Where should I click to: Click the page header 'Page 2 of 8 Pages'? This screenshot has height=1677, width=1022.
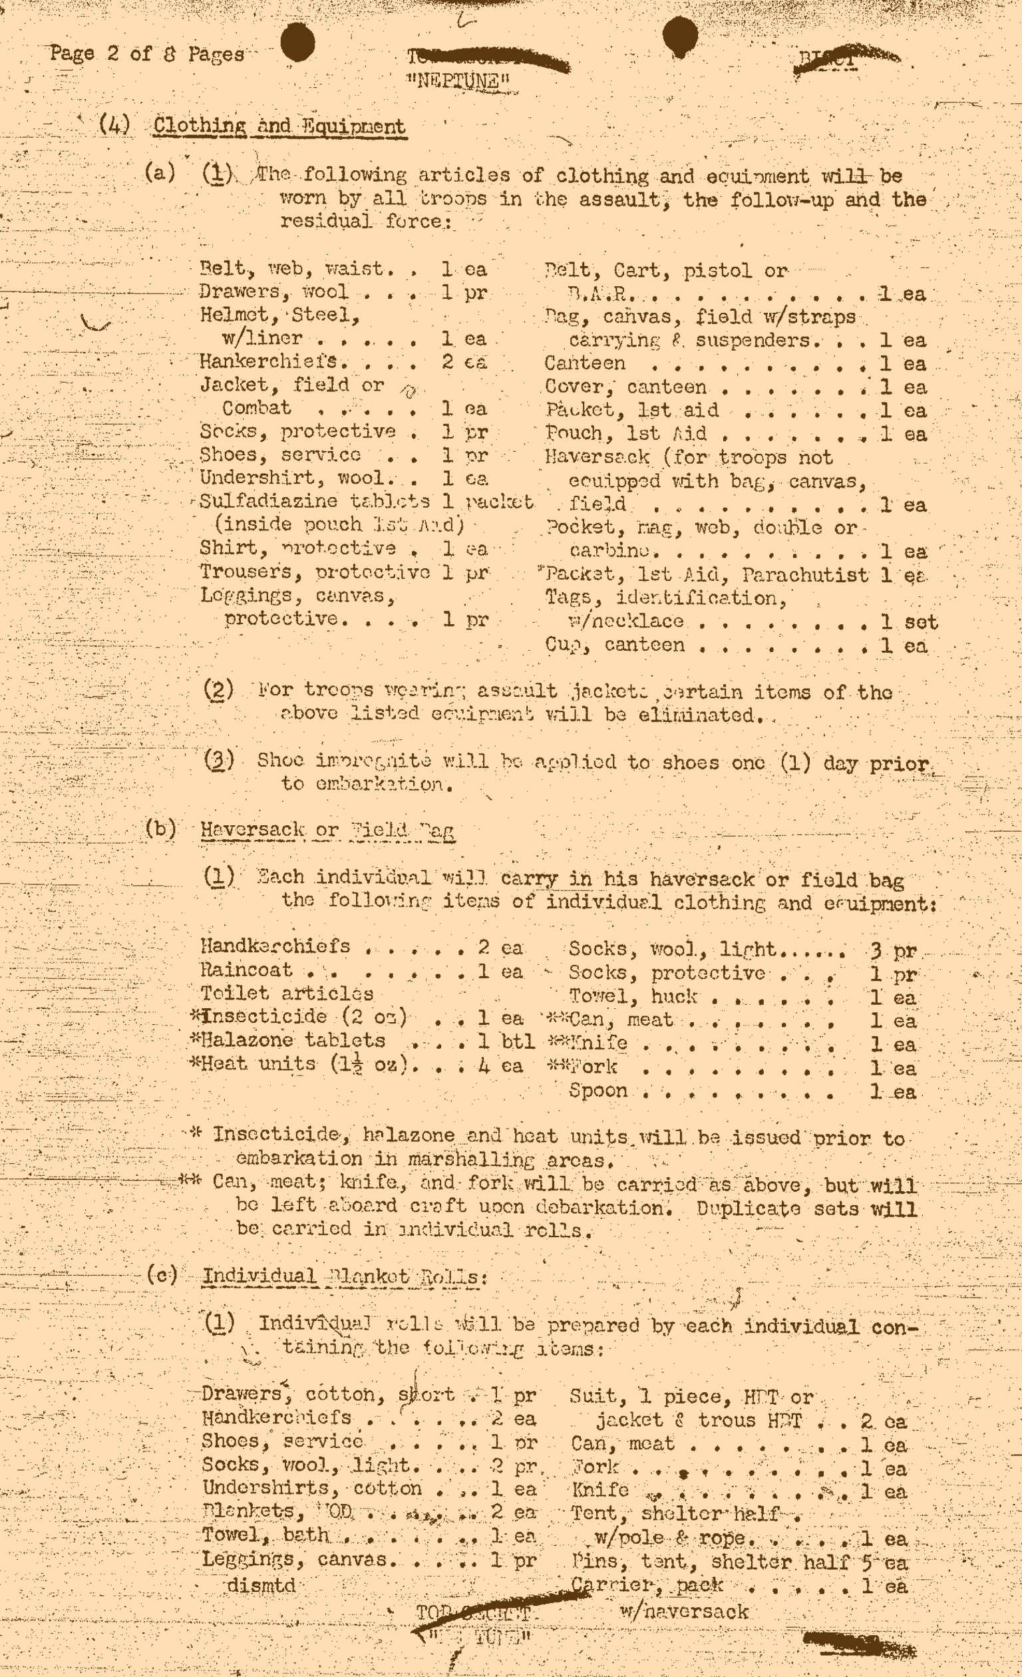coord(147,54)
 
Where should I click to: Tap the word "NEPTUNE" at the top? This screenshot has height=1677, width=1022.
coord(457,83)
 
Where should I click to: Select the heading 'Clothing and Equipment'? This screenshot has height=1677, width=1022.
coord(279,126)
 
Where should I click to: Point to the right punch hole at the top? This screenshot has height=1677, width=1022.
coord(679,35)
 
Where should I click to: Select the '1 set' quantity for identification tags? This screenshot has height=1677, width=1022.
coord(908,622)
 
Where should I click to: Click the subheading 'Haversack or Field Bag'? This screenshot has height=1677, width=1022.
coord(327,831)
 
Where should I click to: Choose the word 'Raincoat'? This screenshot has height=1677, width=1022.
coord(246,970)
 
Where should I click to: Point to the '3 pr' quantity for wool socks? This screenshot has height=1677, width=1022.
coord(893,951)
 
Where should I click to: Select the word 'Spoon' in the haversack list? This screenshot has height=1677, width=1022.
coord(598,1090)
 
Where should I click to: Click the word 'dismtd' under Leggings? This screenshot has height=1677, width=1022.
coord(261,1586)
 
